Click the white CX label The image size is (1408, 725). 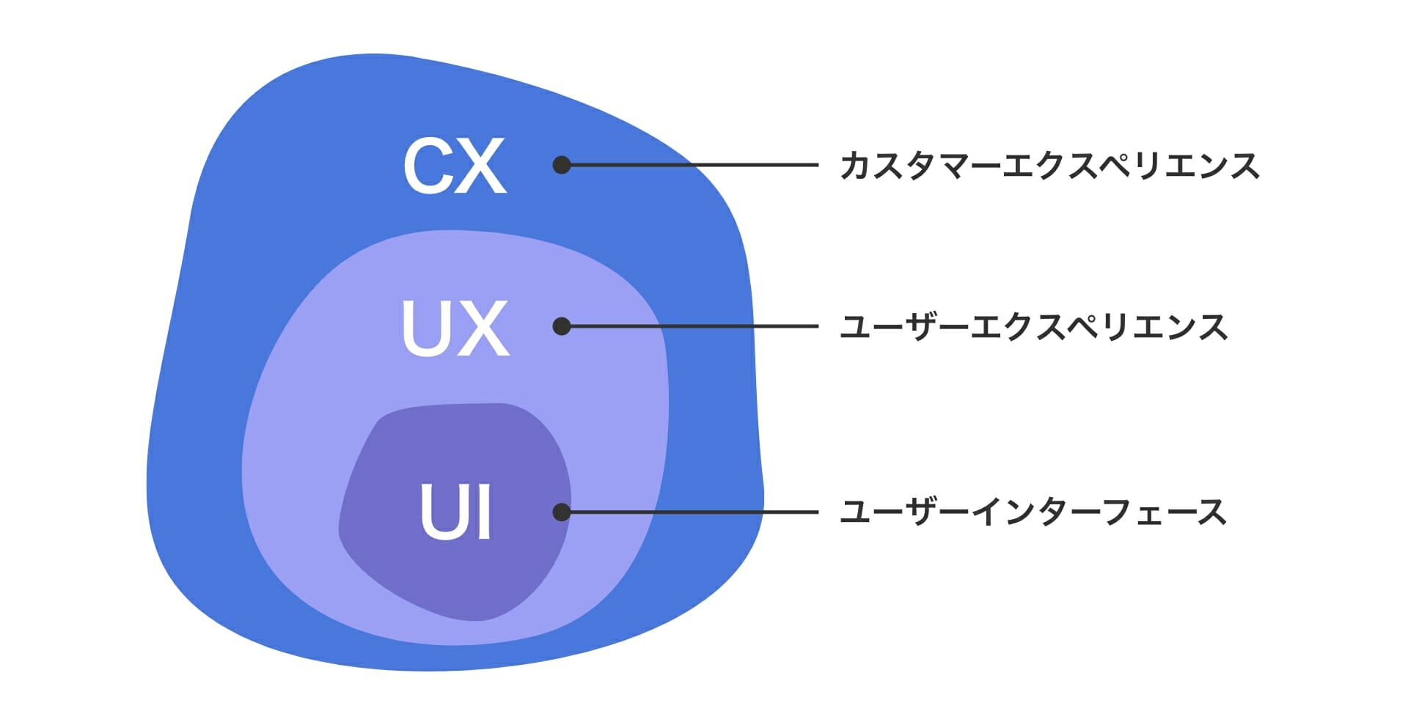pos(455,166)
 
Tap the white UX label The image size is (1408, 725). pos(455,328)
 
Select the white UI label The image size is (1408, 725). pos(455,511)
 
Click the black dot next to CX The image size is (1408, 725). pos(562,165)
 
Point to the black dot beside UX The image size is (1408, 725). pos(562,326)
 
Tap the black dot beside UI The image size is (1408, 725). pos(562,512)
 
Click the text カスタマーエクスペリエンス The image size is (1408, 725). pos(1049,166)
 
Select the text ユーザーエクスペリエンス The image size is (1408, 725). pos(1033,327)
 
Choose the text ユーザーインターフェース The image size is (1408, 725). pos(1033,512)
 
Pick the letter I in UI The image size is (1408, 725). pos(483,511)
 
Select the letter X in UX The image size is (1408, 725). pos(484,328)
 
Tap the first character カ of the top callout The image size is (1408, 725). pos(856,166)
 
